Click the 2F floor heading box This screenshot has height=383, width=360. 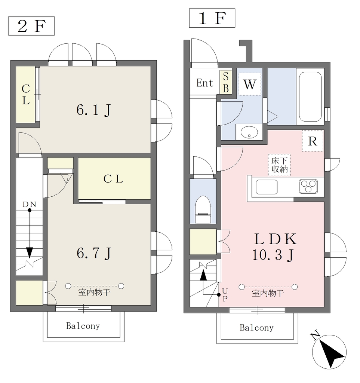click(31, 26)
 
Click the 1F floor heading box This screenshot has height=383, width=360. click(212, 18)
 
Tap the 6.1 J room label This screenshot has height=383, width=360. click(94, 110)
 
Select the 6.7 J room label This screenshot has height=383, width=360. click(94, 253)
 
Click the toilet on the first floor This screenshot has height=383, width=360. click(203, 210)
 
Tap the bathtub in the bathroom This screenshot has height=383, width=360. click(310, 97)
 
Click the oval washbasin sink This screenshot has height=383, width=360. click(249, 132)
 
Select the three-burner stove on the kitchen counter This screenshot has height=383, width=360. click(308, 186)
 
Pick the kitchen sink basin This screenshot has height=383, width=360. click(267, 187)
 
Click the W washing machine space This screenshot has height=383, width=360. click(250, 84)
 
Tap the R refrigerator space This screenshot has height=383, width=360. click(313, 141)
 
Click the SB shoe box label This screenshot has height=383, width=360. click(225, 82)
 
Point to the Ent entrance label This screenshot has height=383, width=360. click(205, 83)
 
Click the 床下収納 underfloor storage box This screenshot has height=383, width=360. click(279, 165)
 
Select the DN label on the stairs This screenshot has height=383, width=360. click(30, 205)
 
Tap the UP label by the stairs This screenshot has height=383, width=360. click(225, 295)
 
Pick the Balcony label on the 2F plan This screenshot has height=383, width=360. click(83, 326)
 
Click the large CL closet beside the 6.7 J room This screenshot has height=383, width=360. click(114, 178)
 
